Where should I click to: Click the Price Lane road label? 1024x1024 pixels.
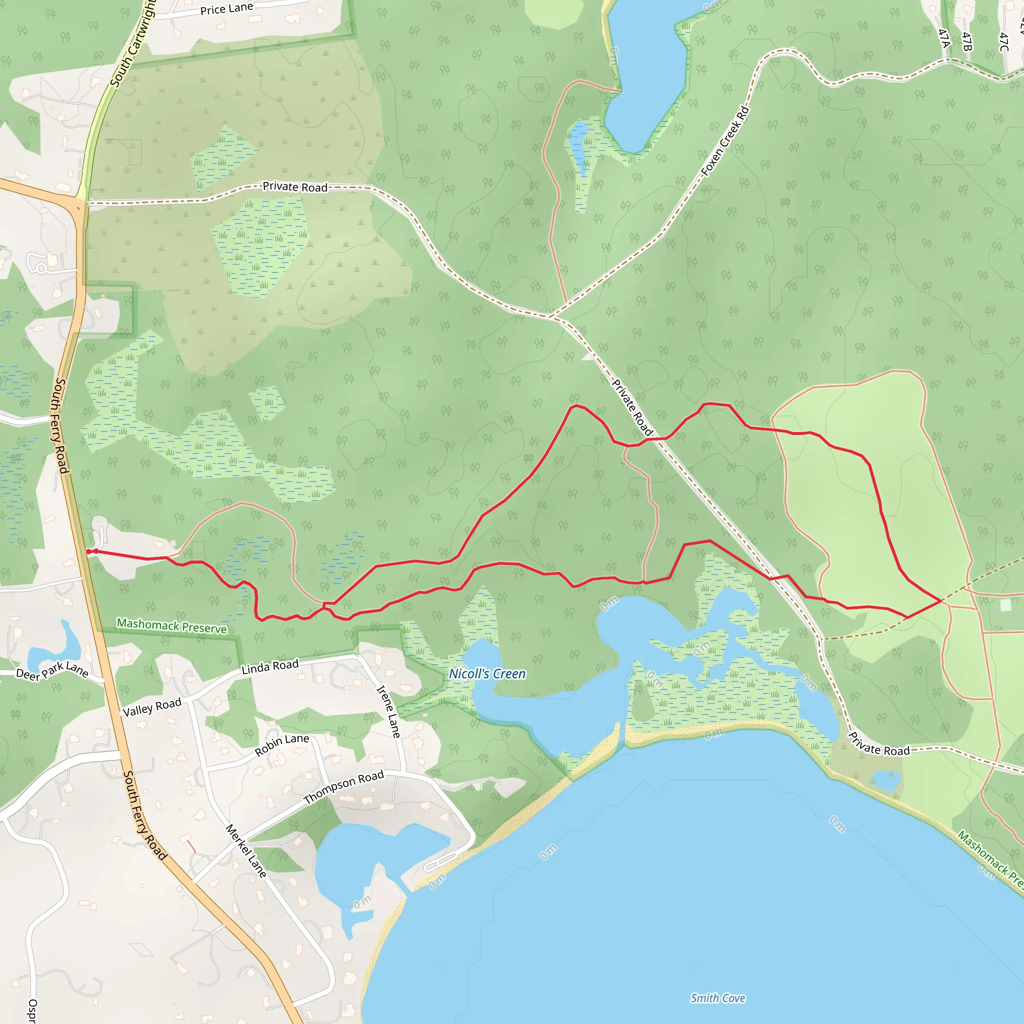[226, 9]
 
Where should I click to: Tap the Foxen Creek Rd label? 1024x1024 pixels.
[725, 141]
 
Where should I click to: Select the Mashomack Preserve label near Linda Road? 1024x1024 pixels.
[171, 626]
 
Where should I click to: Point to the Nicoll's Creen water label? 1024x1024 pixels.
[487, 673]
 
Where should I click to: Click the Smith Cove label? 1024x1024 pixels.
[717, 998]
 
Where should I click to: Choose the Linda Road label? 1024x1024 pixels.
[270, 667]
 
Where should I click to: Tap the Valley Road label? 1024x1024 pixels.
[152, 707]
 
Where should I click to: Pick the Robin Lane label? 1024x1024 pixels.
[281, 745]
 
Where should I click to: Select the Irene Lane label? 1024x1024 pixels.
[388, 712]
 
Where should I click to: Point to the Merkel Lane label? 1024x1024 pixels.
[246, 850]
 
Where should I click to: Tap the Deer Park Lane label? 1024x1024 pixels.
[52, 672]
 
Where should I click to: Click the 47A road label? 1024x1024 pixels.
[944, 37]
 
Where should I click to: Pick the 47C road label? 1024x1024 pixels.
[1003, 42]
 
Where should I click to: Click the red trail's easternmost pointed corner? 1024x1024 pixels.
[941, 601]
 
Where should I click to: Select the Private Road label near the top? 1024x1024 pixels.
[295, 186]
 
